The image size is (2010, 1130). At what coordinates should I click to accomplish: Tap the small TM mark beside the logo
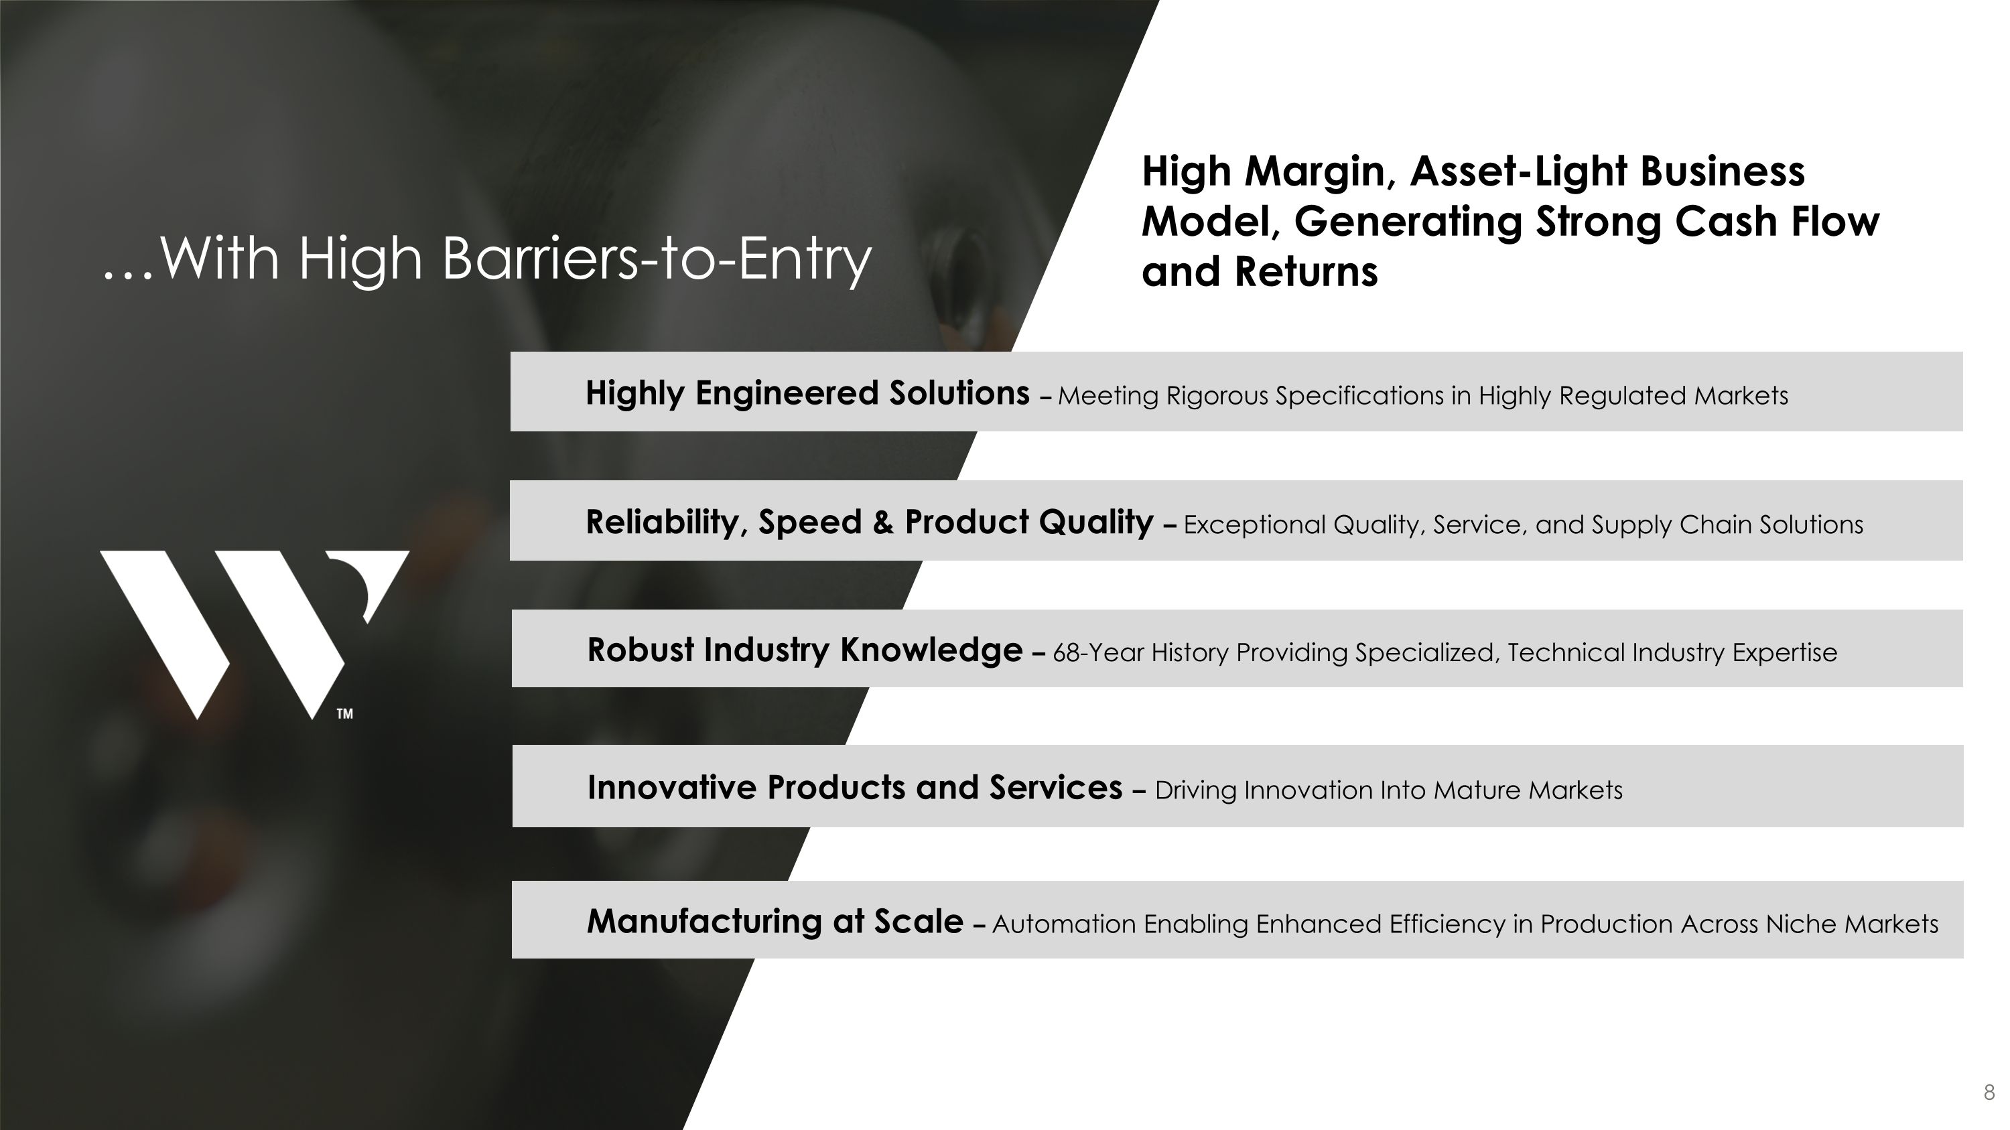(345, 713)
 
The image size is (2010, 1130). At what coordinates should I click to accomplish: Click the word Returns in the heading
(1306, 272)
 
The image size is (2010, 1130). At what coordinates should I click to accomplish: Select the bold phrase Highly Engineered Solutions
(807, 393)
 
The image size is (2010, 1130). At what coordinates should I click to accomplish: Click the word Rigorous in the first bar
(1217, 396)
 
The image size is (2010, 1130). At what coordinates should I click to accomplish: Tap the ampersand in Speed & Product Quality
(883, 522)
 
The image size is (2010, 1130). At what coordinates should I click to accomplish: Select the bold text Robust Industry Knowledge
(805, 650)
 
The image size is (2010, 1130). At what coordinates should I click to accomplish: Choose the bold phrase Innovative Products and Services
(854, 788)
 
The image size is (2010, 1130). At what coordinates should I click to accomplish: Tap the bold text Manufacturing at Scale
(775, 922)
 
